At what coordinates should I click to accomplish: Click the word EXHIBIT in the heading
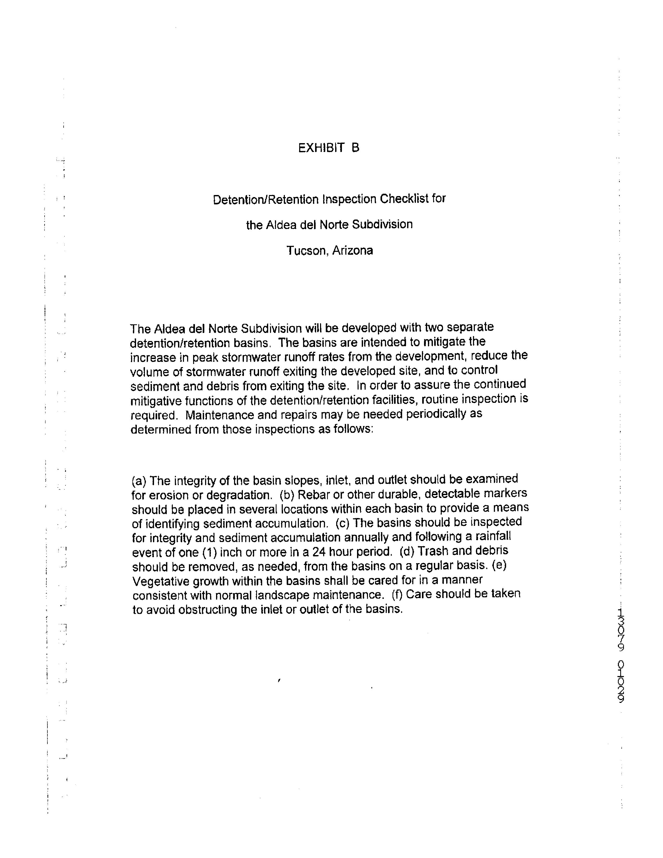click(x=321, y=148)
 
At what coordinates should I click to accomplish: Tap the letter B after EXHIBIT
click(x=355, y=148)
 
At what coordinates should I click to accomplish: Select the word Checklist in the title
click(x=404, y=199)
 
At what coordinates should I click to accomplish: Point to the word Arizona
click(x=352, y=250)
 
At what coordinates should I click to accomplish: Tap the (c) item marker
click(x=343, y=523)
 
